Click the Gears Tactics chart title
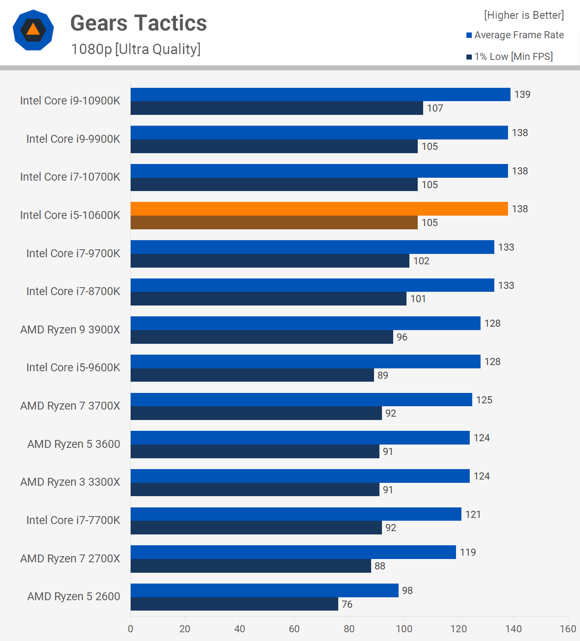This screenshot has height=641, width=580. click(139, 23)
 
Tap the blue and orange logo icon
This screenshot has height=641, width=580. click(33, 30)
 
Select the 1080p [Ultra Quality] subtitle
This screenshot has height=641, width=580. click(136, 49)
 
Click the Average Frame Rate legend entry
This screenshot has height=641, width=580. click(515, 35)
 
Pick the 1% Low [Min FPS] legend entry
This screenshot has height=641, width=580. click(509, 57)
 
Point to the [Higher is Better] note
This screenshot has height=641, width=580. click(524, 15)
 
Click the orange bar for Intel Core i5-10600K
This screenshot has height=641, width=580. click(319, 209)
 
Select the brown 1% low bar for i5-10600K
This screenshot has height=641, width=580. click(274, 222)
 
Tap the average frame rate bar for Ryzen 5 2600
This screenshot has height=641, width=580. click(264, 590)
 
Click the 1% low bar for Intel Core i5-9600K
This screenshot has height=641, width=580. click(252, 375)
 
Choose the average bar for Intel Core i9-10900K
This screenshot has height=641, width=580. click(320, 94)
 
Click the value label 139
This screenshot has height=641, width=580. click(522, 94)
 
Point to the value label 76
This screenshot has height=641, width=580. click(347, 604)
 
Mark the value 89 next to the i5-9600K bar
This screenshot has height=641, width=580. click(383, 375)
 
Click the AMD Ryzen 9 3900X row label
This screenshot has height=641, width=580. click(70, 330)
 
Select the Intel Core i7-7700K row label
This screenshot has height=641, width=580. click(73, 520)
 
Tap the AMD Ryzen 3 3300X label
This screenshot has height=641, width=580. click(70, 482)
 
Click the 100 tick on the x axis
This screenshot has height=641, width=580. click(404, 629)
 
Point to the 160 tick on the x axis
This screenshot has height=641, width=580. click(568, 629)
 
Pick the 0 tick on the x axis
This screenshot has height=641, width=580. click(131, 629)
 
